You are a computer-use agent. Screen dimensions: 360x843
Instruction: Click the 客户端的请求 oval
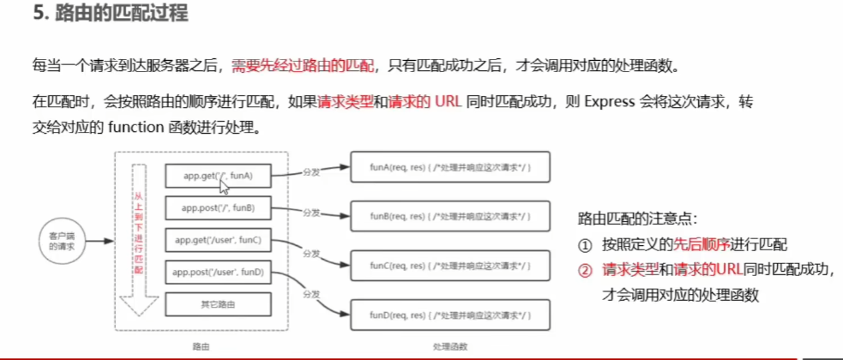click(61, 241)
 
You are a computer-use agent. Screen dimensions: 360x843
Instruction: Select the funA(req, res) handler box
click(449, 164)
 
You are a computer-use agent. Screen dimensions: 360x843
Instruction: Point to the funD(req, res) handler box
click(449, 316)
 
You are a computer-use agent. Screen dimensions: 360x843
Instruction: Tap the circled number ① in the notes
click(586, 244)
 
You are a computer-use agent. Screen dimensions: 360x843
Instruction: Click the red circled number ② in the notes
click(586, 269)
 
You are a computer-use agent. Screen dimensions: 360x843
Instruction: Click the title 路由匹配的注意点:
click(639, 219)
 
